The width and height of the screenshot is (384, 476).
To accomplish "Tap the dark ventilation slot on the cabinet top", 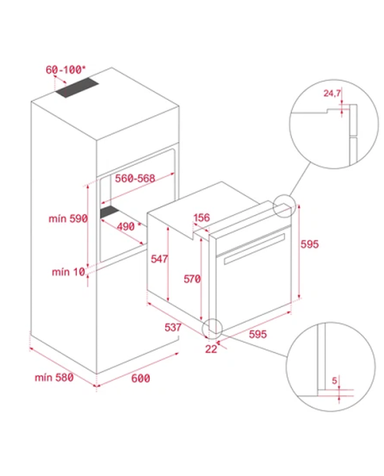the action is click(77, 88).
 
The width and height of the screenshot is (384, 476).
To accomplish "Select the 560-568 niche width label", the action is click(134, 178).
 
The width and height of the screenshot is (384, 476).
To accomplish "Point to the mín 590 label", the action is click(68, 219).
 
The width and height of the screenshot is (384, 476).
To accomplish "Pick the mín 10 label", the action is click(68, 272).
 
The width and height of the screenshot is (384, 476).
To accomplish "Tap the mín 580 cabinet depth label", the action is click(54, 378).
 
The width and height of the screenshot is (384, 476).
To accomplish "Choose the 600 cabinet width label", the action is click(141, 378).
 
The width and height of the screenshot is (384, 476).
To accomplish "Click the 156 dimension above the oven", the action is click(201, 217).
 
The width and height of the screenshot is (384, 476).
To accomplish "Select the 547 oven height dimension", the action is click(160, 259).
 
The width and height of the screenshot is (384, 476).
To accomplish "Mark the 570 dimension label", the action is click(192, 279).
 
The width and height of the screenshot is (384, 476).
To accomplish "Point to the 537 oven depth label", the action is click(173, 327).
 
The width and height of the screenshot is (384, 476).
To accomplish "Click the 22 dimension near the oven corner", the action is click(211, 349).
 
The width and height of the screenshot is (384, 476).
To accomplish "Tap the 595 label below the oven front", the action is click(258, 334).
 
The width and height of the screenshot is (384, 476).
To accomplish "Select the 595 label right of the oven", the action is click(310, 244).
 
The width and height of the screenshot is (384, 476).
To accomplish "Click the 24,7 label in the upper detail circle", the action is click(332, 93).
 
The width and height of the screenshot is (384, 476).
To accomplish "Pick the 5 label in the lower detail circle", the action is click(335, 380).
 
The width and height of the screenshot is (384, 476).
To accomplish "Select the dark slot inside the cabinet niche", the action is click(109, 212).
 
